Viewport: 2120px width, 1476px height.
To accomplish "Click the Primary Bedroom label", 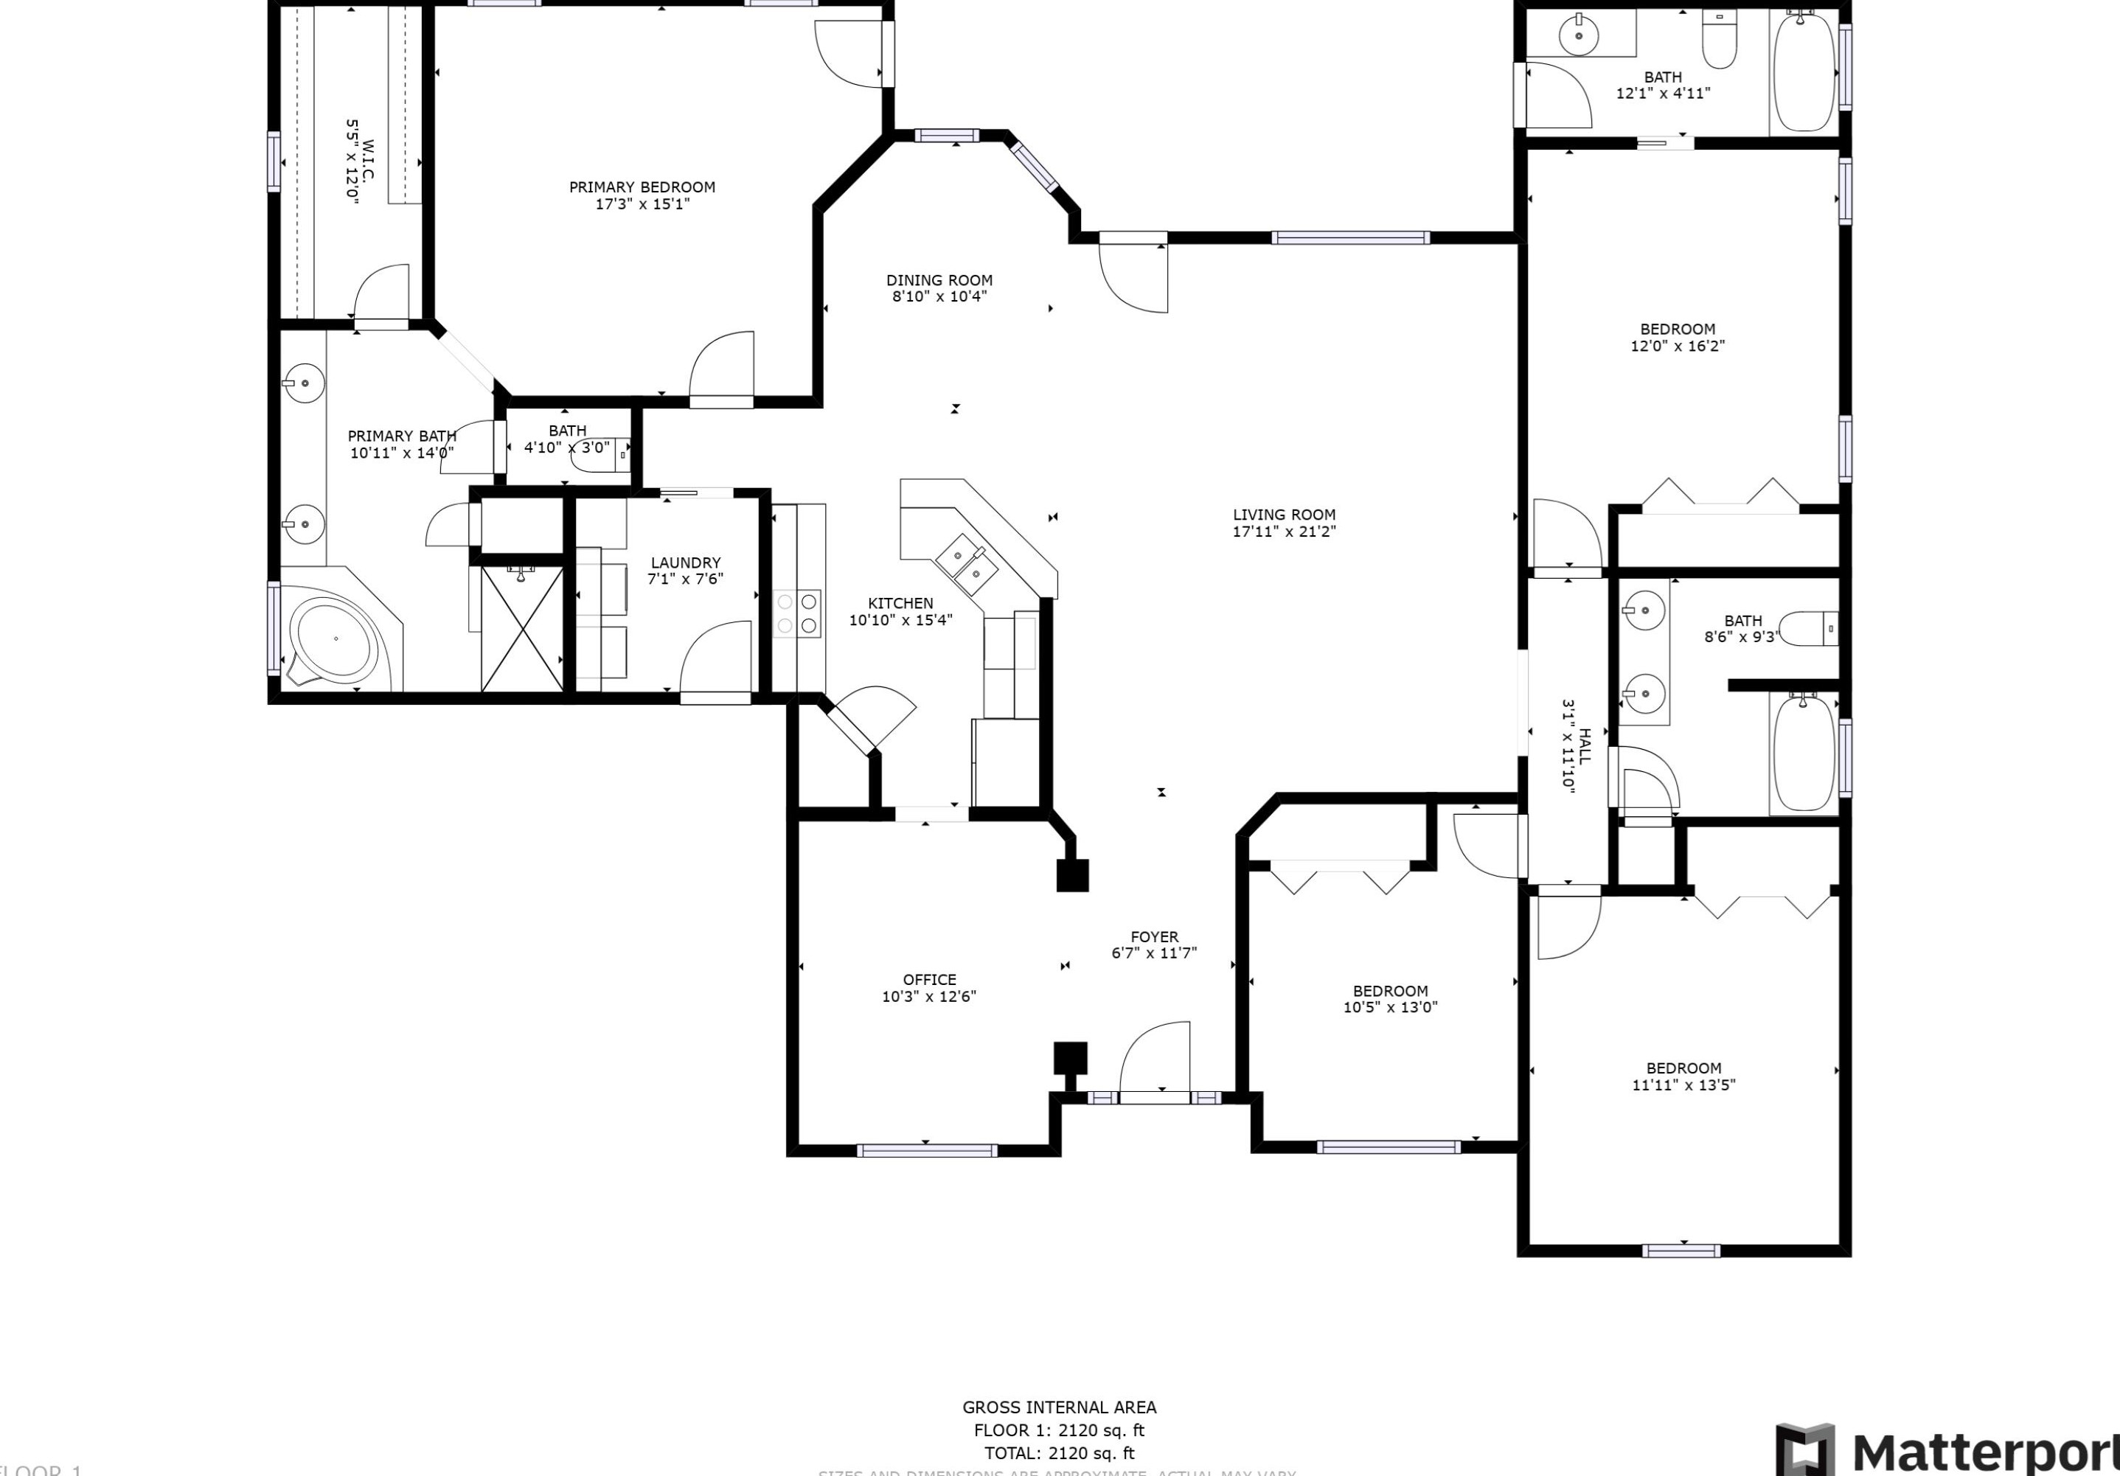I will click(642, 187).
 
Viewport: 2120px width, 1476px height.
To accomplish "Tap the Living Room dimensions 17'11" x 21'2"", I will click(1284, 532).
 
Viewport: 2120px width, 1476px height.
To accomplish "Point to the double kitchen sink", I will click(966, 565).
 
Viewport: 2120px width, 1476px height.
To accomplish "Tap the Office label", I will click(929, 979).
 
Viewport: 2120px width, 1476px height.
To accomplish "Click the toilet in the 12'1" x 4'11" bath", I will click(1718, 41).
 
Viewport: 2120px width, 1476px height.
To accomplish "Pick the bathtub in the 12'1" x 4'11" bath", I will click(1804, 72).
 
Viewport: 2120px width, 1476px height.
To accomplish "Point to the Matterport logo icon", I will click(1804, 1449).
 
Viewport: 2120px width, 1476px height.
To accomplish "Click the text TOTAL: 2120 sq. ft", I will click(1059, 1453).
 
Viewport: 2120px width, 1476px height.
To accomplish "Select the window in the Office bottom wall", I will click(926, 1150).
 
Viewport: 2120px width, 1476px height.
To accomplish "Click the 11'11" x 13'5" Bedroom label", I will click(1683, 1068).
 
